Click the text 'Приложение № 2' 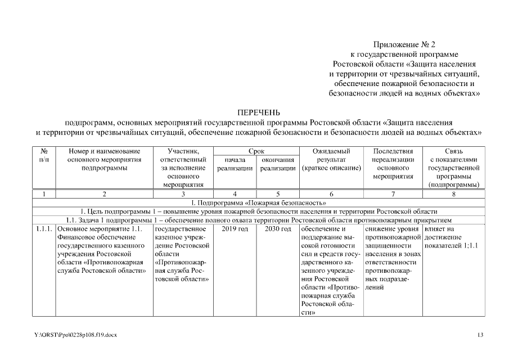click(404, 44)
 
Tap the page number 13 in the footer click(480, 335)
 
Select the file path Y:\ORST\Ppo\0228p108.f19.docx click(75, 335)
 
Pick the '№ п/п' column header click(44, 155)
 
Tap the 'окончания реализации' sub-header click(277, 164)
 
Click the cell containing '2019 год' click(234, 229)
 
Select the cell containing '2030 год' click(277, 229)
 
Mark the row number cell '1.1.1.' click(44, 229)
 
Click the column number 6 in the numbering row click(331, 194)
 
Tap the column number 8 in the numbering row click(453, 194)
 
